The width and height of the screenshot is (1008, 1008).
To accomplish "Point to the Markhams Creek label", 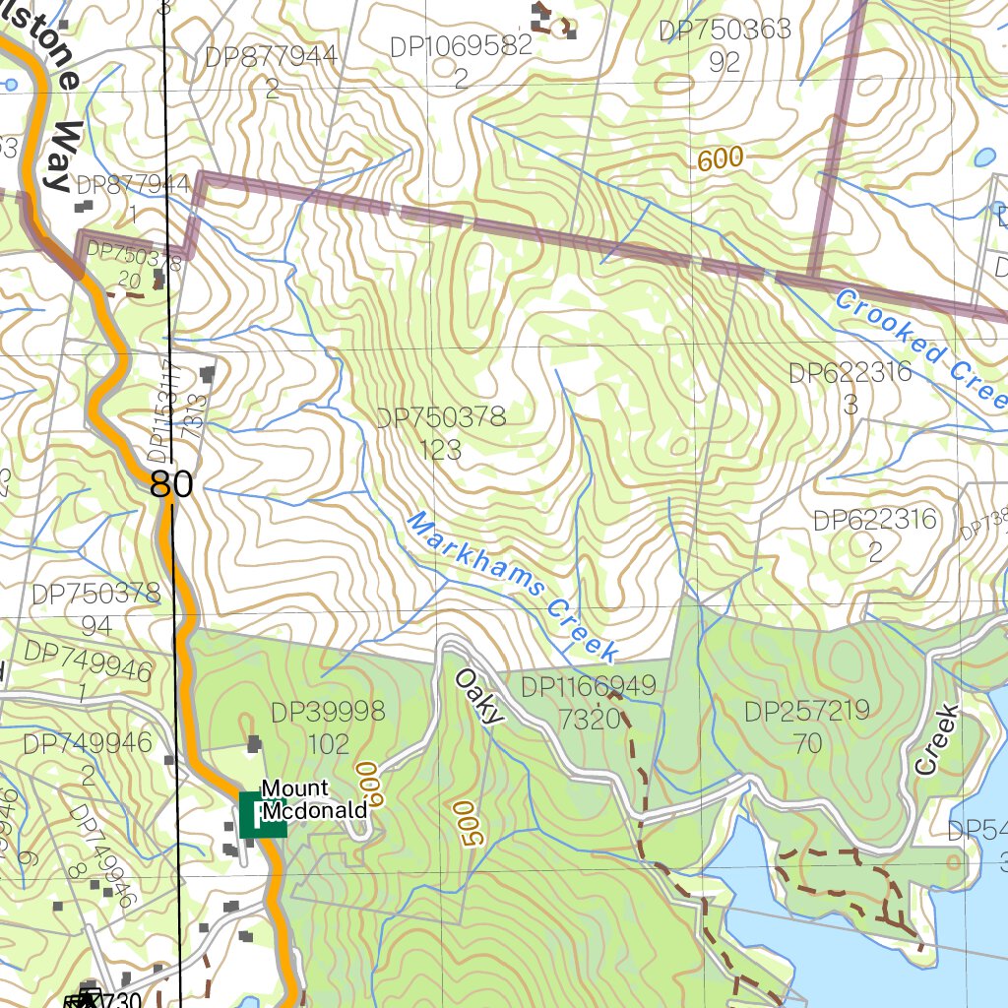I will (512, 587).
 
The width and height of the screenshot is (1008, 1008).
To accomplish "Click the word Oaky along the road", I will (478, 696).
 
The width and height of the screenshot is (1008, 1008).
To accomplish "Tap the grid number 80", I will (171, 484).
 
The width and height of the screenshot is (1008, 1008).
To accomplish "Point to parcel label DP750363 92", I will (724, 45).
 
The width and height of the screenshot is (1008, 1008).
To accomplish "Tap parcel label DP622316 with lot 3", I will (850, 388).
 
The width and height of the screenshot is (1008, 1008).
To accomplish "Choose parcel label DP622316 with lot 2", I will (874, 535).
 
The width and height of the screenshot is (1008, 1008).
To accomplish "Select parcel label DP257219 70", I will (807, 726).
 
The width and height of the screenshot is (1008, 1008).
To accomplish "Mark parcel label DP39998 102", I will (328, 726).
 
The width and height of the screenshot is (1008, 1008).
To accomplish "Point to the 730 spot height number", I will (121, 999).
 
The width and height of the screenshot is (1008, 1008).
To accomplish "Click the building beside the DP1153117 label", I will (208, 373).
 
